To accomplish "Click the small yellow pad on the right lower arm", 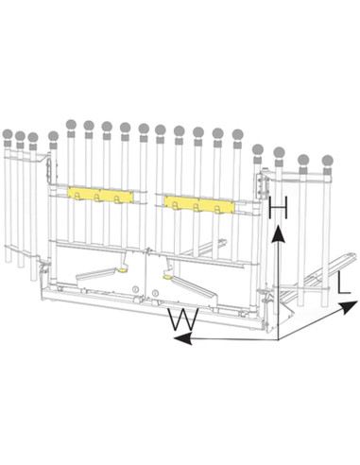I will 167,277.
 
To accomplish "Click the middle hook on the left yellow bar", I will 100,198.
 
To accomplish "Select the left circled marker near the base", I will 135,288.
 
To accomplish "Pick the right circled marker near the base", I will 155,294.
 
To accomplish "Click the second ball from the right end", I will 304,160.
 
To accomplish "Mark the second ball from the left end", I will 20,136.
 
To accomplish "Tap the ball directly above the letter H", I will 280,152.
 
